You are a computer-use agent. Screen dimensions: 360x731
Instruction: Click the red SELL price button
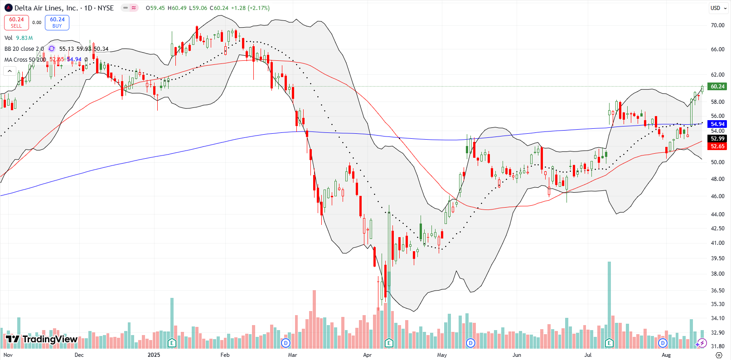(x=16, y=22)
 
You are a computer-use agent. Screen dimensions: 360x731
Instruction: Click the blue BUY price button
(x=57, y=22)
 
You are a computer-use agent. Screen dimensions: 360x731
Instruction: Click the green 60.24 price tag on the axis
(x=717, y=87)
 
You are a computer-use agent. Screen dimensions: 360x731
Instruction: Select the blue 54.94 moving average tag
(x=717, y=124)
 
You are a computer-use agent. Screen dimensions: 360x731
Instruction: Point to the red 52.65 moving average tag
(x=717, y=146)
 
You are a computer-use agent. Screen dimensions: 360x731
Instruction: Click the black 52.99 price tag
(x=717, y=139)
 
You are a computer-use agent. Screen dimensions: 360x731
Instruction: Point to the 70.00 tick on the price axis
(x=717, y=25)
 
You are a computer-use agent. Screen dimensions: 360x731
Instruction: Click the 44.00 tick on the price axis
(x=717, y=214)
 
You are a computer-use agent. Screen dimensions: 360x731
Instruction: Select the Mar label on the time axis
(x=292, y=355)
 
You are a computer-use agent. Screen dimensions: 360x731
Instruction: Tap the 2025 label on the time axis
(x=154, y=355)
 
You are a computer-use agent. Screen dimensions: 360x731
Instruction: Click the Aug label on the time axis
(x=666, y=355)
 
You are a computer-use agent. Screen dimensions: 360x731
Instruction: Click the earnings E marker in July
(x=609, y=343)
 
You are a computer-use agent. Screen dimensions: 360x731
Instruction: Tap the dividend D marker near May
(x=470, y=343)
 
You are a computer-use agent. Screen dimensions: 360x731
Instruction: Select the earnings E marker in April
(x=389, y=343)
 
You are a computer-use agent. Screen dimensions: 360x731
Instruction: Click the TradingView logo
(x=42, y=339)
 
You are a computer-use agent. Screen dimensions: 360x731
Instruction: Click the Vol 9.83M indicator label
(x=19, y=38)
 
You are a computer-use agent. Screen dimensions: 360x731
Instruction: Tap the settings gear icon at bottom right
(x=718, y=355)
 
